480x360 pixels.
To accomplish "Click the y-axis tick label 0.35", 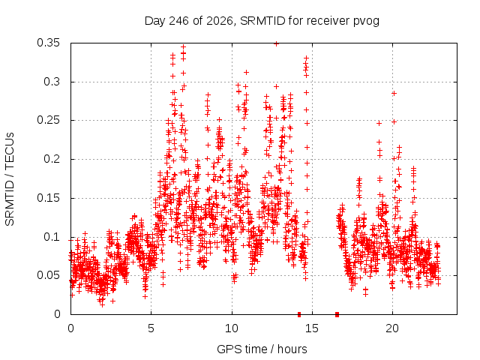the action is tap(48, 43).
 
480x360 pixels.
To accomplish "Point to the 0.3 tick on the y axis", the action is tap(52, 82).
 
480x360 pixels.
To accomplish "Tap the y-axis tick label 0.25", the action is tap(48, 120).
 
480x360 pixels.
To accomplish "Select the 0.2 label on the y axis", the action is tap(52, 159).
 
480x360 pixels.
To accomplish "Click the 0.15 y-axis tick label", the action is tap(48, 198).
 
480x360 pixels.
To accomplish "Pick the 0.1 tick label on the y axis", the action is tap(52, 237).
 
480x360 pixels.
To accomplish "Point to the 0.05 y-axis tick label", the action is tap(48, 275).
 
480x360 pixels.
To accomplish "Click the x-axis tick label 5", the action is tap(151, 328).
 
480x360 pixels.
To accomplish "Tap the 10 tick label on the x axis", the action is tap(232, 328).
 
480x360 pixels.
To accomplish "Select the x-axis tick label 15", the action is tap(312, 328).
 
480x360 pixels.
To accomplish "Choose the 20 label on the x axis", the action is tap(392, 328).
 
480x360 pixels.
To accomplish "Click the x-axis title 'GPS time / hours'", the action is tap(262, 349).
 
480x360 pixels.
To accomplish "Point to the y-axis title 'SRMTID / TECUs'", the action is tap(10, 179).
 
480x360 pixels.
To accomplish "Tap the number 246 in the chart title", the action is tap(179, 21).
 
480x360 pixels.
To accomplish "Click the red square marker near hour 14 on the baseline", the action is tap(299, 314).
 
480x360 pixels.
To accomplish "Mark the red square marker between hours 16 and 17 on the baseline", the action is tap(337, 314).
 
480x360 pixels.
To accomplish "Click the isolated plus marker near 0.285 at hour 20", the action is tap(394, 93).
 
